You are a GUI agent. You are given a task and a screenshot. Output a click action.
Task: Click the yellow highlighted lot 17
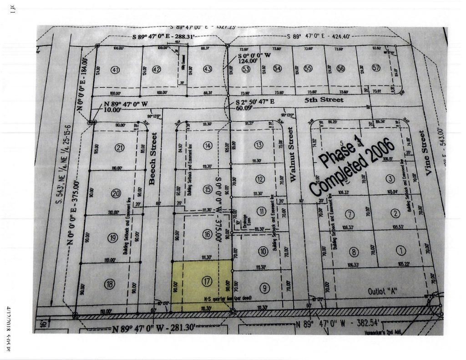(x=202, y=285)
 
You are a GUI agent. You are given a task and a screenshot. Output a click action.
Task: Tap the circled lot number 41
(x=115, y=70)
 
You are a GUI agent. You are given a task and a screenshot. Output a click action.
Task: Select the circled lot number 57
(x=376, y=68)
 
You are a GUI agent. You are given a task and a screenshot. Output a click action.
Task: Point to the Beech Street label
(x=153, y=158)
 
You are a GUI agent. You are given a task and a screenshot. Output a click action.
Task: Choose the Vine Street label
(x=422, y=152)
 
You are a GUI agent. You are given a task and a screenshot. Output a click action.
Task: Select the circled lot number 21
(x=120, y=147)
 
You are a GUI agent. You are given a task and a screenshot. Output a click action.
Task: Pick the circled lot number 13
(x=259, y=145)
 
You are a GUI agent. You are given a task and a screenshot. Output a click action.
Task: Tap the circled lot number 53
(x=246, y=69)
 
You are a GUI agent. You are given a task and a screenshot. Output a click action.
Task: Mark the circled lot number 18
(x=109, y=284)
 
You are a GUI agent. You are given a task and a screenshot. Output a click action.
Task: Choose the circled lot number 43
(x=208, y=69)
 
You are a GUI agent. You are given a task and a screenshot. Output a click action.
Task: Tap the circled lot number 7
(x=349, y=214)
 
